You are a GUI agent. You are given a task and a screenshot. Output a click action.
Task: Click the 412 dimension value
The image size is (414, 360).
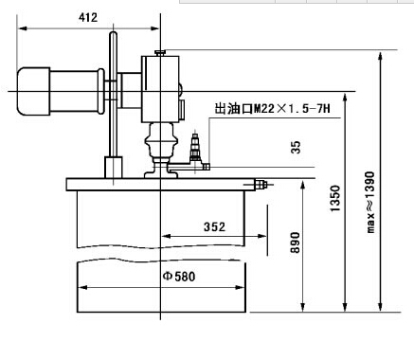click(88, 18)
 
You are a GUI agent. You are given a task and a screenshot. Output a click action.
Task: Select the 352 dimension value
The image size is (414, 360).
click(214, 226)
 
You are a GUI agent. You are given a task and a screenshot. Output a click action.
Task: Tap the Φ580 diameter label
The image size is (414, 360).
click(179, 277)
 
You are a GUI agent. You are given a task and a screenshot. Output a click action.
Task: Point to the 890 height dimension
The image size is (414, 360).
click(296, 243)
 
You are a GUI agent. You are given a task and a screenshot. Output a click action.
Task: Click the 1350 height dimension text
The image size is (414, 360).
click(334, 198)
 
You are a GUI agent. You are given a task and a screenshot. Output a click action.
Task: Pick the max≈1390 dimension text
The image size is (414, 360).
click(370, 203)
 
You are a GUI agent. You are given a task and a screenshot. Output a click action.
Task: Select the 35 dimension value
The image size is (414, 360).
click(296, 147)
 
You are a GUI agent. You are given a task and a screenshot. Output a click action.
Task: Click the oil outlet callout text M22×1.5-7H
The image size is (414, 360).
click(272, 109)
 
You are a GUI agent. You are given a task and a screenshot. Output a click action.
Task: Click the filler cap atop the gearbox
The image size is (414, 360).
click(160, 53)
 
